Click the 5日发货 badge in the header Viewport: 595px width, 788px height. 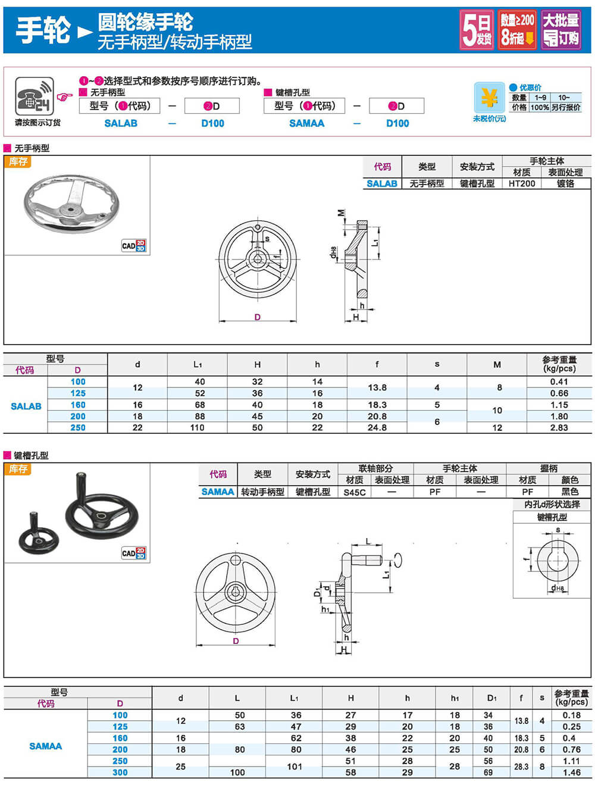pyautogui.click(x=477, y=29)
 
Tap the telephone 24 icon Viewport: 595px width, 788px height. pyautogui.click(x=35, y=96)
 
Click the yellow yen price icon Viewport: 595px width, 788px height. pyautogui.click(x=489, y=98)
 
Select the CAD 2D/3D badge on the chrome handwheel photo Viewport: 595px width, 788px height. pyautogui.click(x=133, y=246)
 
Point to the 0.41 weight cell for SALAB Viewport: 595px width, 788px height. pyautogui.click(x=559, y=382)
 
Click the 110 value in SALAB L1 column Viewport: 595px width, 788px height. pyautogui.click(x=197, y=427)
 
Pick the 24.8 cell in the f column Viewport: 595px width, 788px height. pyautogui.click(x=377, y=427)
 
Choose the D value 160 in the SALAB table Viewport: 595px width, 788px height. pyautogui.click(x=78, y=405)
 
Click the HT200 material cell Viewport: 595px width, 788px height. pyautogui.click(x=522, y=183)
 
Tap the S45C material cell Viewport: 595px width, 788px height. pyautogui.click(x=354, y=492)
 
